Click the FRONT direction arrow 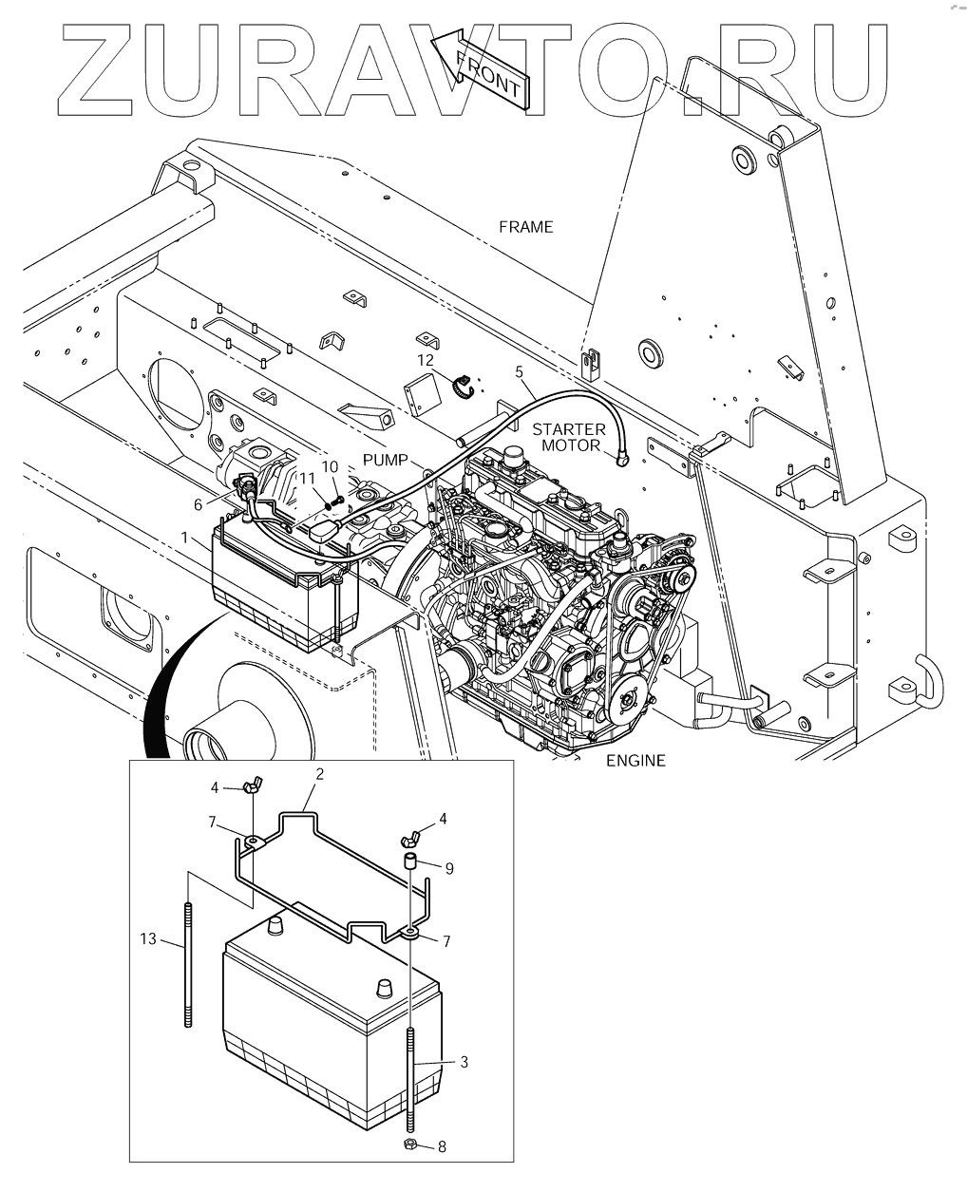point(481,71)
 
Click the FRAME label point(525,227)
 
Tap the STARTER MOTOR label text point(569,437)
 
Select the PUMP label point(386,460)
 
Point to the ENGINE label point(636,760)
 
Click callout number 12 point(425,360)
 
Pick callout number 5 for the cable point(519,371)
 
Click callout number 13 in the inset point(146,939)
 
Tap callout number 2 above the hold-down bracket point(320,773)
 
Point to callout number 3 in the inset point(464,1062)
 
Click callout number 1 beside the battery point(183,537)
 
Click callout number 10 point(330,466)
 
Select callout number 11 point(307,480)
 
